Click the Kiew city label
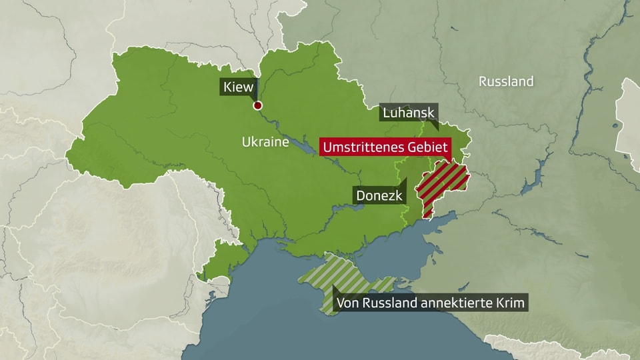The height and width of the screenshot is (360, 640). [238, 87]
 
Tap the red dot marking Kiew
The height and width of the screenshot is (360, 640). [257, 105]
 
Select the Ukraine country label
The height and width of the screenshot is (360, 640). [265, 142]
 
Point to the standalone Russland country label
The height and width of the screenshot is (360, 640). [506, 81]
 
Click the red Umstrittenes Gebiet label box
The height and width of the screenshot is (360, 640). [385, 147]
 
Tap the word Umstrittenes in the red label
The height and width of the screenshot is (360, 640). [363, 147]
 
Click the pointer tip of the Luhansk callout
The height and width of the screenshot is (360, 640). [437, 129]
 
